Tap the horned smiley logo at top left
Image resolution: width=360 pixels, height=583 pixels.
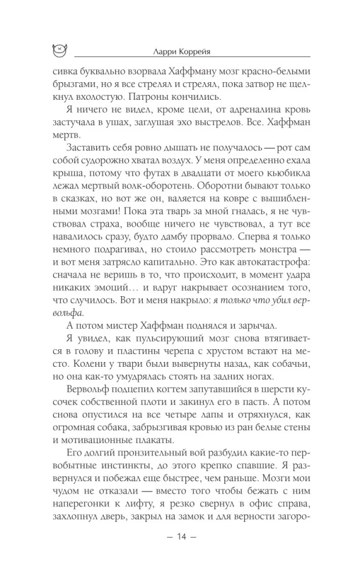[x=59, y=51]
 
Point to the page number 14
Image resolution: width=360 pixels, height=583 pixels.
[x=180, y=552]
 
